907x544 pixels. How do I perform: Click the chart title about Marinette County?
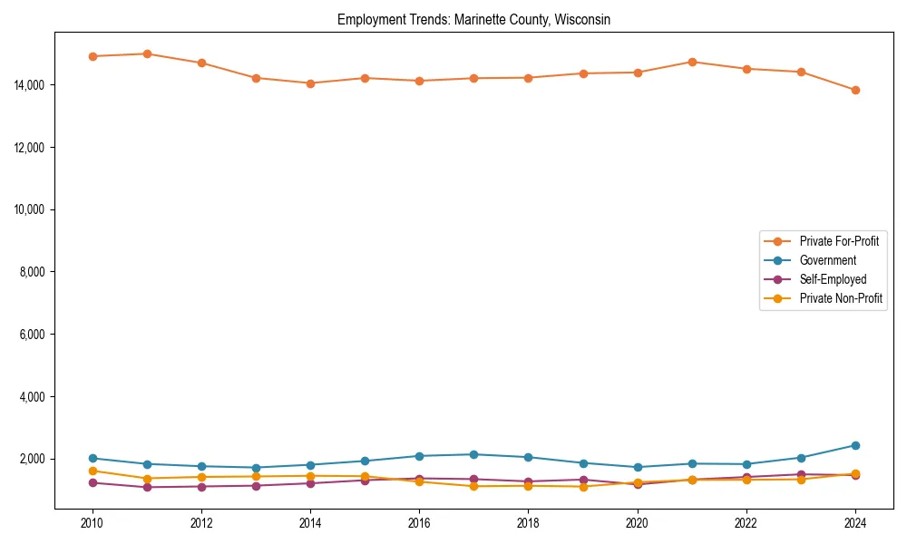(473, 20)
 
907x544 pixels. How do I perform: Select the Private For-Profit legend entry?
(839, 241)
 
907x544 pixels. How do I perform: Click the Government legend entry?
(827, 260)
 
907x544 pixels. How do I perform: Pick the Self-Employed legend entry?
(833, 279)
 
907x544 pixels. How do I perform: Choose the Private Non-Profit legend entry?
(841, 298)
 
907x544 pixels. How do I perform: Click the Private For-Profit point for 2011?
(147, 53)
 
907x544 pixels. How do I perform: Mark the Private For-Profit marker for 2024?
(855, 90)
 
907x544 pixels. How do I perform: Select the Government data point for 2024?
(855, 445)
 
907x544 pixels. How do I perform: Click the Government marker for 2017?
(473, 454)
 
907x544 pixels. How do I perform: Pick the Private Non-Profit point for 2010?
(93, 471)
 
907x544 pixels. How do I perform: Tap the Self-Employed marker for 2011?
(147, 487)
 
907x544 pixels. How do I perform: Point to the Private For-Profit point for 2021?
(692, 62)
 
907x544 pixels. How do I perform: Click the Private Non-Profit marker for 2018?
(528, 486)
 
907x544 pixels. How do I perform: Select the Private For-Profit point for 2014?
(310, 83)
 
